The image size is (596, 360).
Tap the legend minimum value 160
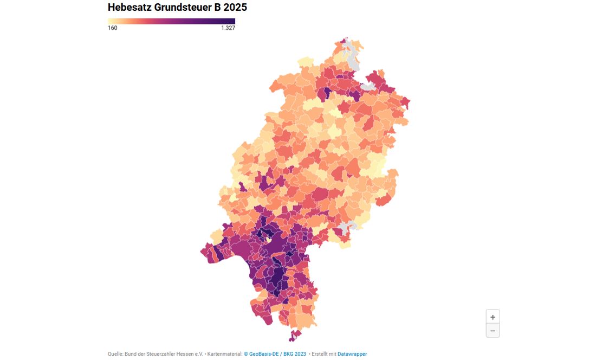tap(113, 28)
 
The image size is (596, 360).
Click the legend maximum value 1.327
tap(228, 28)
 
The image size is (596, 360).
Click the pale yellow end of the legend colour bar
tap(111, 21)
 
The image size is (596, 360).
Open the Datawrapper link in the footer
tap(352, 354)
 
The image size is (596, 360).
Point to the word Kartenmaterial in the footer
tap(224, 354)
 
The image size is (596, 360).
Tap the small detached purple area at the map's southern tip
tap(295, 335)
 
